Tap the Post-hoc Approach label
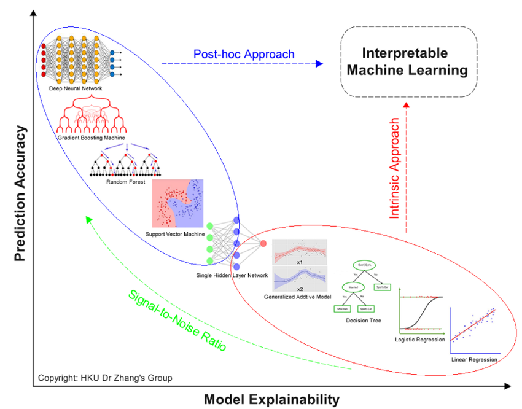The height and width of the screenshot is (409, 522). tap(244, 54)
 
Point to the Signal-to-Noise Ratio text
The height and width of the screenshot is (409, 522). tap(177, 320)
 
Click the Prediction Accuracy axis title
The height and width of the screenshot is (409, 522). tap(21, 193)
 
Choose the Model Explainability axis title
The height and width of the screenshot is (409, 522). tap(271, 399)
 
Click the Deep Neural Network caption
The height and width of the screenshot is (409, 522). tap(76, 89)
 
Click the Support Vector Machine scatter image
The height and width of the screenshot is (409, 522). tap(177, 204)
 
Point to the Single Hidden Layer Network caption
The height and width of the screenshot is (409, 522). tap(232, 275)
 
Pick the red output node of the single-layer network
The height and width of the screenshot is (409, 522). tap(263, 244)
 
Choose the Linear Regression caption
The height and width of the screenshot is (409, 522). tap(473, 359)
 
